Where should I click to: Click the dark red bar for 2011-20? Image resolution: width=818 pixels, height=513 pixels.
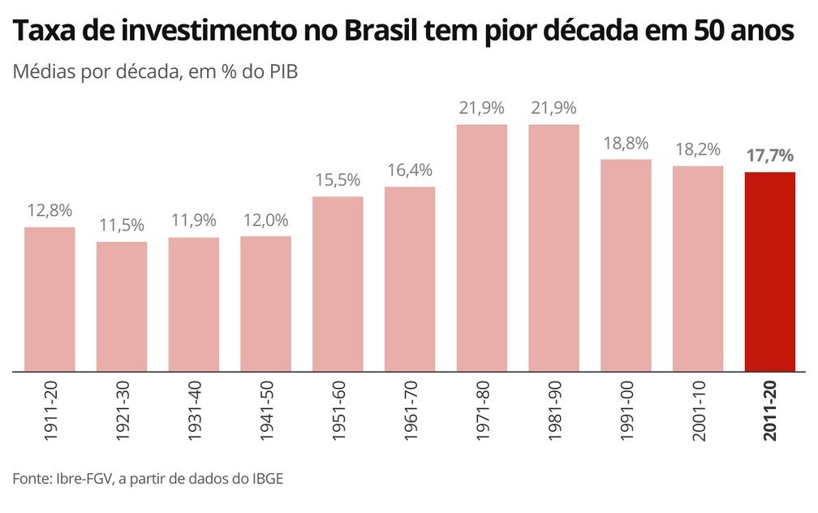coord(769,271)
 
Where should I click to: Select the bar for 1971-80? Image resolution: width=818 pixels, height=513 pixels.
coord(482,248)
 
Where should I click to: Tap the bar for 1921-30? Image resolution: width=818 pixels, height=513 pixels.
coord(122,306)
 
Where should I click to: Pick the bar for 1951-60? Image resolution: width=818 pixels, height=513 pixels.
coord(338,283)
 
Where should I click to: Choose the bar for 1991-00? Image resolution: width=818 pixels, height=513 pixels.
coord(626,265)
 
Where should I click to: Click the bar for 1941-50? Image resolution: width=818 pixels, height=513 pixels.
coord(265,304)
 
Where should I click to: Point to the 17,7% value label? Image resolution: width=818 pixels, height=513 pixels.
coord(769,157)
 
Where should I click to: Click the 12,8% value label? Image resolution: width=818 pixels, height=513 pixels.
coord(50,211)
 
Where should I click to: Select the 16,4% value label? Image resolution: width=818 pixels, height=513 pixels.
coord(410,171)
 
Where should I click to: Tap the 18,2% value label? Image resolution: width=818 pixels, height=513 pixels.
coord(698,150)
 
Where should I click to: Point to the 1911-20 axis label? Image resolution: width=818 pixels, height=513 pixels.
coord(50,412)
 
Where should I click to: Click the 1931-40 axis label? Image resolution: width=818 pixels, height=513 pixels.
coord(194,412)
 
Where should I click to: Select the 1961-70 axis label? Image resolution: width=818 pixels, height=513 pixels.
coord(411,412)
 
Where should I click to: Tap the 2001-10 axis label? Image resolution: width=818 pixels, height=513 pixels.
coord(698,412)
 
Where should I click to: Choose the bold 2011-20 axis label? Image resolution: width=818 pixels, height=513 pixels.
coord(770,412)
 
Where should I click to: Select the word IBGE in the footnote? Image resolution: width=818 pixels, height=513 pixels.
coord(264,479)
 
